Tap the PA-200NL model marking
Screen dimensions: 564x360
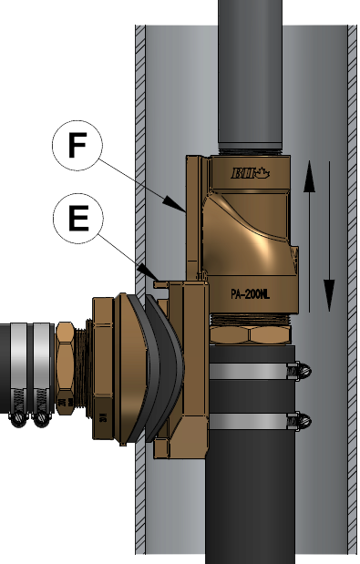249,294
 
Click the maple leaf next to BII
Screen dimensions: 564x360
263,171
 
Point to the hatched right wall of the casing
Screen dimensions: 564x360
352,273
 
